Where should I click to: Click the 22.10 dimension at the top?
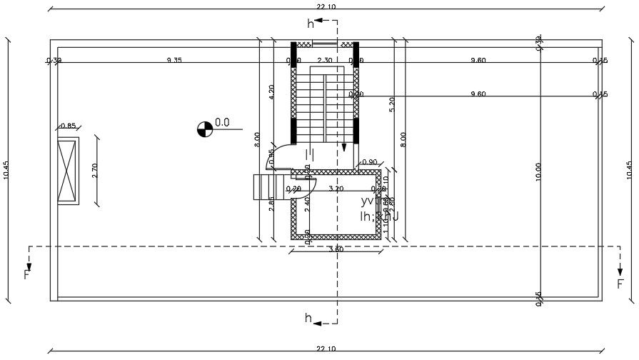pos(326,6)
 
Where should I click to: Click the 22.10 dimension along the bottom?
pos(326,349)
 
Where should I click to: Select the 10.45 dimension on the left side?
pos(6,169)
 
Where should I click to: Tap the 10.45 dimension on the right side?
pos(629,169)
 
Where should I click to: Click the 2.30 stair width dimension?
pos(324,61)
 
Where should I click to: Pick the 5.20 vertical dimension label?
pos(391,104)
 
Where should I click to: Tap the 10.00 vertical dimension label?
pos(538,171)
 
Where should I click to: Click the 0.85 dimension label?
pos(68,126)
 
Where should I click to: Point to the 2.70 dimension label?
pos(95,170)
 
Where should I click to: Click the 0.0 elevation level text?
pos(222,123)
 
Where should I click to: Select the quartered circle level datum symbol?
pos(204,129)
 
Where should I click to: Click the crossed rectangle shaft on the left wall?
pos(67,172)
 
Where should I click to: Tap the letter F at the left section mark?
pos(27,274)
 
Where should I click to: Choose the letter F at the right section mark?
pos(620,284)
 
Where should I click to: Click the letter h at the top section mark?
pos(311,24)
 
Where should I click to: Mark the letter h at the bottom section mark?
pos(308,319)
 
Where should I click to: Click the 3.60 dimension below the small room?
pos(335,249)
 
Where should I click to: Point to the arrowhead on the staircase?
pos(343,147)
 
